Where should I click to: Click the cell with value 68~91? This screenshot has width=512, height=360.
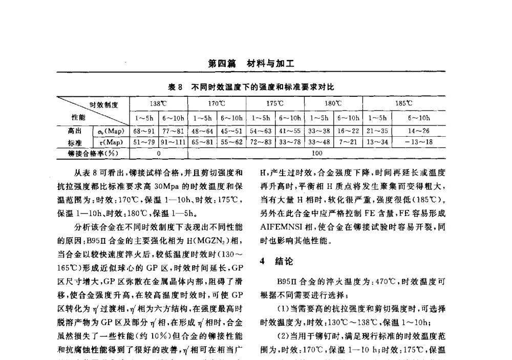143,132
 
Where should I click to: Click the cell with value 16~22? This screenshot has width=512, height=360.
348,132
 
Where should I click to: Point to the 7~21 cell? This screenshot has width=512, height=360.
348,141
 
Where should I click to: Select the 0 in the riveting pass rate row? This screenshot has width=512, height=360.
159,152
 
